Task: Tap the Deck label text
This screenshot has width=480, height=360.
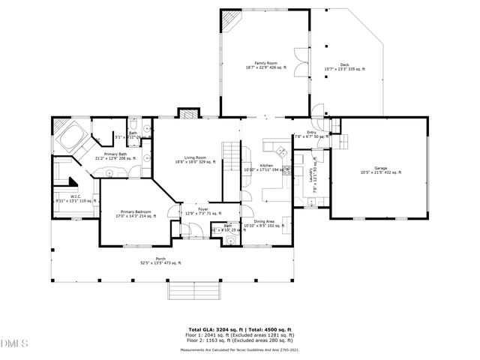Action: point(343,65)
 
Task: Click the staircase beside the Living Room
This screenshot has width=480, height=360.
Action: point(230,160)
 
